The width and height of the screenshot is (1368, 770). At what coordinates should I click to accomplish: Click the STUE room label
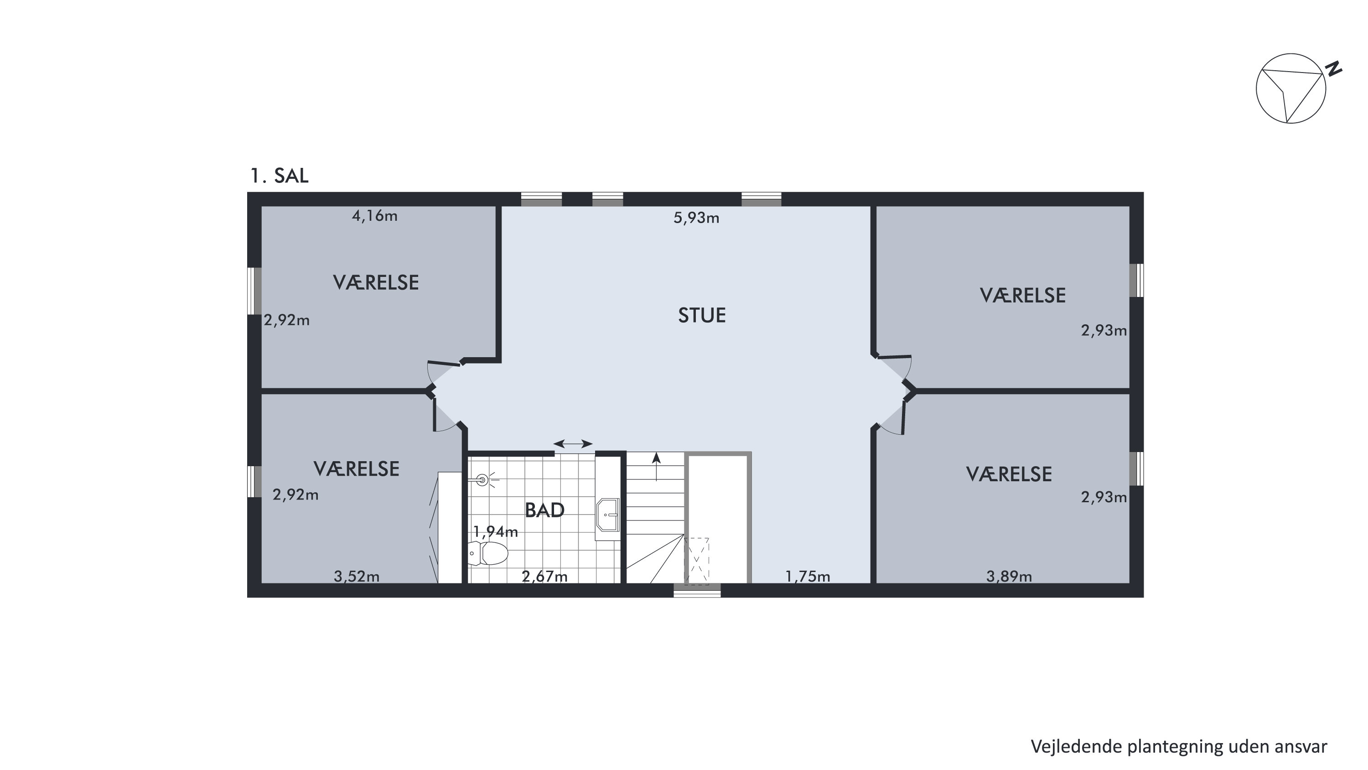701,316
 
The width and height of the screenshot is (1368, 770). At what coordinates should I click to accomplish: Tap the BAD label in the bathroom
544,510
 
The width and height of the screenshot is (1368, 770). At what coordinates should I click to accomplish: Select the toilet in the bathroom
488,553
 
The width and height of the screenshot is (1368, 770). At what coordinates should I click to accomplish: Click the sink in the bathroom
608,515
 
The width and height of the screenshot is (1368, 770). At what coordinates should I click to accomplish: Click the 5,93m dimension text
696,218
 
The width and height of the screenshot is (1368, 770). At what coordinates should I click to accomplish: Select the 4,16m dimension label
374,216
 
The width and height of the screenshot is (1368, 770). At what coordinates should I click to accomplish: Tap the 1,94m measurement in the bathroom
496,531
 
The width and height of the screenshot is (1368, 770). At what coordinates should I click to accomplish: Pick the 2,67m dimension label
544,576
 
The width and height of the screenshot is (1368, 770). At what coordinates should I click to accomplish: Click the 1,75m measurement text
807,576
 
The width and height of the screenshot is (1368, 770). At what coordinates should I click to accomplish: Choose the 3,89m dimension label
1009,576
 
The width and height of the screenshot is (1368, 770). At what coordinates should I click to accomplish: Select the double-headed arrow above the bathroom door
573,444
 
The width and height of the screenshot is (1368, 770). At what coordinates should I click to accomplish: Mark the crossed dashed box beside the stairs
696,561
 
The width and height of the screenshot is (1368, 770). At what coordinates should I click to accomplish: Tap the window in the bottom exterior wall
697,590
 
